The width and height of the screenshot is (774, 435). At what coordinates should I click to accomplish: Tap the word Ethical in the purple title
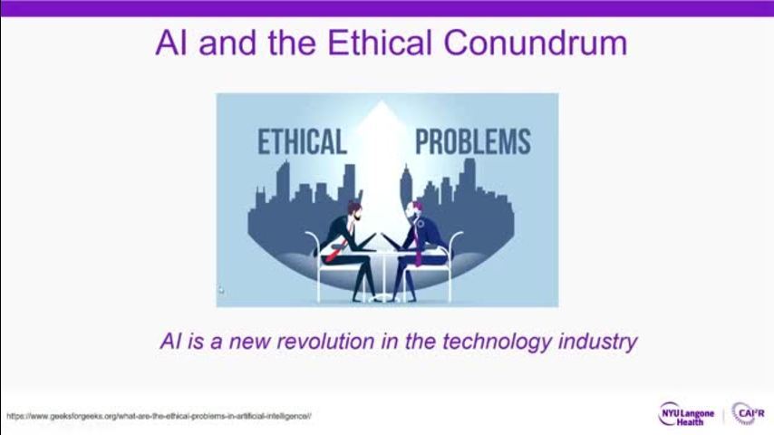pos(380,43)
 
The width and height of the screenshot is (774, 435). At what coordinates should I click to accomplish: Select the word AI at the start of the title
pos(172,43)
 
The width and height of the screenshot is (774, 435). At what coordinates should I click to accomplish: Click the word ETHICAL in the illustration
pos(302,141)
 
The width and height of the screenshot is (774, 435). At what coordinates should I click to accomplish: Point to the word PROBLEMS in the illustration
pos(473,141)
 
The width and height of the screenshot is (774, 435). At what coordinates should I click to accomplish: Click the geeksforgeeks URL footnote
pos(159,416)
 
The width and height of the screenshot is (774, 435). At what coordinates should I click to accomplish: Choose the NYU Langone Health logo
pos(687,414)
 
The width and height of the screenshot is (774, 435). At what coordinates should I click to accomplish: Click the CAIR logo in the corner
pos(749,413)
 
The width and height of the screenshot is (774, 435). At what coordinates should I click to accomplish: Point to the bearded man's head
pos(354,211)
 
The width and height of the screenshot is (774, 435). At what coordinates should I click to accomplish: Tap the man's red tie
pos(334,254)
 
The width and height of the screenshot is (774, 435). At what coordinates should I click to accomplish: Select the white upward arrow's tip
pos(381,101)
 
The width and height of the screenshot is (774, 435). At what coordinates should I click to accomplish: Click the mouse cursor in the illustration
pos(220,290)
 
